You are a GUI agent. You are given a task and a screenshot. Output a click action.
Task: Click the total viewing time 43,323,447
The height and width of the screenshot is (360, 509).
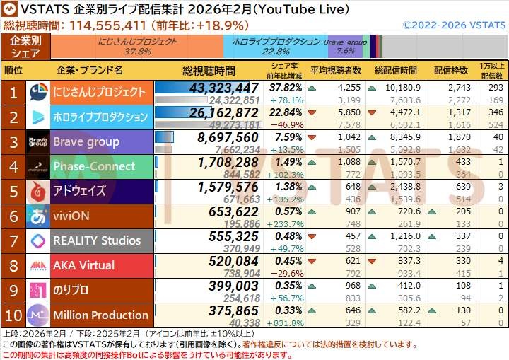pyautogui.click(x=223, y=88)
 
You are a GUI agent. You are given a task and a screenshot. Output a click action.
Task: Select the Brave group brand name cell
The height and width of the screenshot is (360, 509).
pyautogui.click(x=101, y=141)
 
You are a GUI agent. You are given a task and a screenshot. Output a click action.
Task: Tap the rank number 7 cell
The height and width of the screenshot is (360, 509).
pyautogui.click(x=13, y=240)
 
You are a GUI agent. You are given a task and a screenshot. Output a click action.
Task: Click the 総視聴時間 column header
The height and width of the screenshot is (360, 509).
pyautogui.click(x=209, y=71)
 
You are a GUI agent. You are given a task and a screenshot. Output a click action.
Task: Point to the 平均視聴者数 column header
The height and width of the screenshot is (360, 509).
pyautogui.click(x=336, y=71)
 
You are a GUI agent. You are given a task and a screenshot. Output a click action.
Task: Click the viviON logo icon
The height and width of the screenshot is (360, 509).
pyautogui.click(x=37, y=216)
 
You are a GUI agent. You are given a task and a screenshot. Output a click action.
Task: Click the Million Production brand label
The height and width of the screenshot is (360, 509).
pyautogui.click(x=101, y=315)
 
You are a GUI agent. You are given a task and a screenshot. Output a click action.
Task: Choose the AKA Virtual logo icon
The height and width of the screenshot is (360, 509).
pyautogui.click(x=37, y=265)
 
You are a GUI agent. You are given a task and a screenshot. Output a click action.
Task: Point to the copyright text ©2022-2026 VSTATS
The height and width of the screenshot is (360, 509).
pyautogui.click(x=453, y=25)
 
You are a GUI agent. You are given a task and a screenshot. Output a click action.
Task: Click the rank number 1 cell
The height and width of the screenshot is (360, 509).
pyautogui.click(x=13, y=92)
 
